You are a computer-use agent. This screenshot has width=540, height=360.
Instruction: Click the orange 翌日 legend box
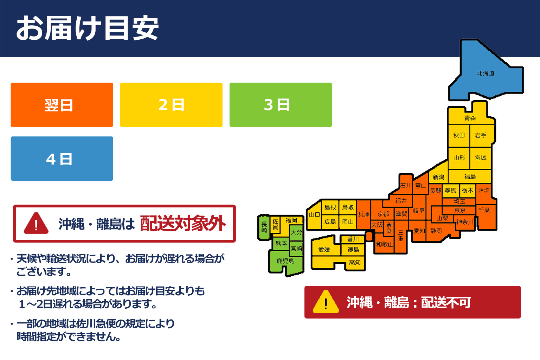click(x=62, y=105)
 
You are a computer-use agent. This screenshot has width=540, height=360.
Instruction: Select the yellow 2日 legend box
click(x=171, y=105)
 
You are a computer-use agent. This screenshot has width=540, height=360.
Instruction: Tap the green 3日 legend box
click(x=281, y=105)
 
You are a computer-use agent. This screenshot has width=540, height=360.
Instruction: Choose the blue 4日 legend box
click(x=62, y=159)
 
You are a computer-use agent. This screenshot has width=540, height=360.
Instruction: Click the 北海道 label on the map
click(x=486, y=73)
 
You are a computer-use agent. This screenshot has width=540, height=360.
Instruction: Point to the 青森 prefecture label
click(x=470, y=118)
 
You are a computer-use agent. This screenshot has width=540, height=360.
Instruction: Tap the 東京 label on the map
click(x=459, y=210)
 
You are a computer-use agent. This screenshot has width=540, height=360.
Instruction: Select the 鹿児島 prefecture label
click(x=285, y=261)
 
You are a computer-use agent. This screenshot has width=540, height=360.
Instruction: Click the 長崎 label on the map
click(x=264, y=227)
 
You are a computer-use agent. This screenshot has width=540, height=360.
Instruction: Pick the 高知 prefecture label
click(x=355, y=262)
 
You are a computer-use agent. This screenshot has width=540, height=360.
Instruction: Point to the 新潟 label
click(x=438, y=177)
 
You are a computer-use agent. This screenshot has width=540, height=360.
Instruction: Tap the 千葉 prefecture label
click(x=484, y=210)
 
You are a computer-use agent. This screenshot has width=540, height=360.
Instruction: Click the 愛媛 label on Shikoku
click(x=324, y=249)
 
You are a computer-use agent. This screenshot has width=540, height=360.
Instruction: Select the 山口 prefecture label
click(x=314, y=214)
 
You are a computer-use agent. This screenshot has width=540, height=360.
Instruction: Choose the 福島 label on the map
click(x=470, y=176)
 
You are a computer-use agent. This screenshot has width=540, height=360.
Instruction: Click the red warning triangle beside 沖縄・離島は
click(x=36, y=224)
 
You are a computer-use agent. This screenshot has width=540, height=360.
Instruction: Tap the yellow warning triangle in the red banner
click(x=326, y=302)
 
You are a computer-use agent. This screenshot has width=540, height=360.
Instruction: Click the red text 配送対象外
click(x=183, y=224)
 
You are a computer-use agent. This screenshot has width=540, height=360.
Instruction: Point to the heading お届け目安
click(x=87, y=28)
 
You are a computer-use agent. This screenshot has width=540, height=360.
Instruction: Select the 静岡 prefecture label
click(x=436, y=231)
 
